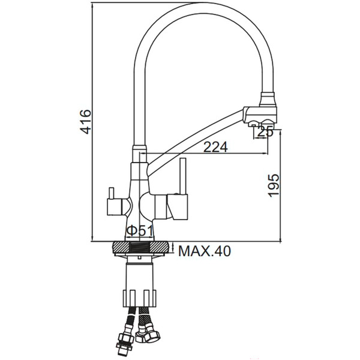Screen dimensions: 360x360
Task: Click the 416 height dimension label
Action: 85,122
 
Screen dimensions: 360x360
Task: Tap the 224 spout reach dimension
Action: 215,147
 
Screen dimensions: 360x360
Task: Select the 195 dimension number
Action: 274,185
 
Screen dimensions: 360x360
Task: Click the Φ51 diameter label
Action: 140,231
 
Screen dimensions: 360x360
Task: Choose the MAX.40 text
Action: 205,251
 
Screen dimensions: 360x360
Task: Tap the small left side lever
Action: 111,193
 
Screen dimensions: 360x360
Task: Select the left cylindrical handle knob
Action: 114,207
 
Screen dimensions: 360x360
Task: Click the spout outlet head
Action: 260,115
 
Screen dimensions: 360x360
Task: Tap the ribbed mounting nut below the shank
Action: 140,298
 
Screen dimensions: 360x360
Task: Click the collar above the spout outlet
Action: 268,99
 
